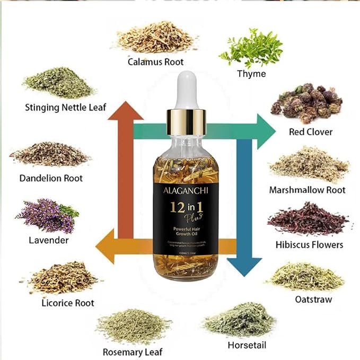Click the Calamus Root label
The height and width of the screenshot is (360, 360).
155,62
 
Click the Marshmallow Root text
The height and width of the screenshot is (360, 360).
307,190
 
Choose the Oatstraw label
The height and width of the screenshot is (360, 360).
313,300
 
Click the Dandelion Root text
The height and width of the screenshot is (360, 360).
51,178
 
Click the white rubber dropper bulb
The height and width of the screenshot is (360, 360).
185,87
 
